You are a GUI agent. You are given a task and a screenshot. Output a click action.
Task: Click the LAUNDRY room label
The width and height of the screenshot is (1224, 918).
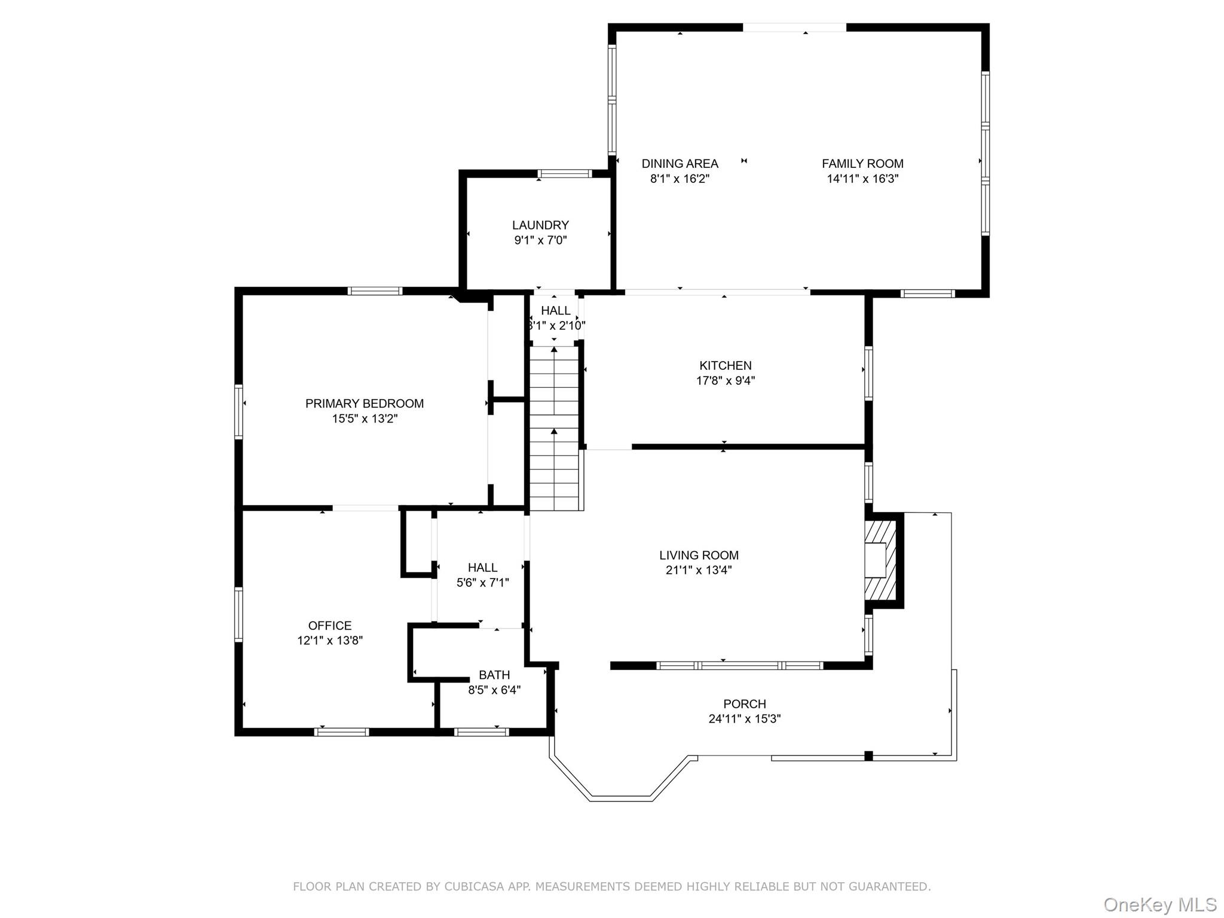pos(540,225)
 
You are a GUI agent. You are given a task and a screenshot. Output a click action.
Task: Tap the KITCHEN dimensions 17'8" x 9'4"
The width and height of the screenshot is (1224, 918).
pos(726,381)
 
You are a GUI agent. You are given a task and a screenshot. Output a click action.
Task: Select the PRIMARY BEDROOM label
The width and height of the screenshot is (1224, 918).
pos(364,403)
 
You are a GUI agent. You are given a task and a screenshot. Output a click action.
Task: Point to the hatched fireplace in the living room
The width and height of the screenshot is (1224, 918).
pos(881,560)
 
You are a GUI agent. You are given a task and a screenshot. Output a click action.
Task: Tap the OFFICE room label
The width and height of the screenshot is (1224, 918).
pos(329,626)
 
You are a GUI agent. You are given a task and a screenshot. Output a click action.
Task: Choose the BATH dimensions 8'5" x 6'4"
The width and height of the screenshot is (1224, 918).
pos(494,690)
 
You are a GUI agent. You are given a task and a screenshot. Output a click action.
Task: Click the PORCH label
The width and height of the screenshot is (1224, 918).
pos(744,704)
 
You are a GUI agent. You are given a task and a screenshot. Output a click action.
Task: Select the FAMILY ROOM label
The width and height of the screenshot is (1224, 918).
pos(862,164)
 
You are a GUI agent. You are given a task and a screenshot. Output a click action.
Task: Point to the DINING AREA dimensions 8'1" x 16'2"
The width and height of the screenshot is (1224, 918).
pos(680,179)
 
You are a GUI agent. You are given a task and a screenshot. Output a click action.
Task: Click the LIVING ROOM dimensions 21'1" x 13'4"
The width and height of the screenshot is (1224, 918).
pos(699,570)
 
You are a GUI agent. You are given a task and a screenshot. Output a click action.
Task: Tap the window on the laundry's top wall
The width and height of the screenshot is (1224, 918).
pos(564,174)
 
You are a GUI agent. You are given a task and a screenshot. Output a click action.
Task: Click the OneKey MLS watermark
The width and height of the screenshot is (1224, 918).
pos(1159,904)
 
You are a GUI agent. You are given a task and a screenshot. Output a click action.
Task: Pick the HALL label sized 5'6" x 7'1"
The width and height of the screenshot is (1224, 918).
pos(482,567)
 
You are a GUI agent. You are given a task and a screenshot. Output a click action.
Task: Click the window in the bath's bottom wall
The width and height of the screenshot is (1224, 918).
pos(481,732)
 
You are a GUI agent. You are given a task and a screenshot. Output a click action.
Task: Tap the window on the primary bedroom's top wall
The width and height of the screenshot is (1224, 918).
pos(375,291)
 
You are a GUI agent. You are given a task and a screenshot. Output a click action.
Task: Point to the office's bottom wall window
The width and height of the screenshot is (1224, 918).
pos(341,732)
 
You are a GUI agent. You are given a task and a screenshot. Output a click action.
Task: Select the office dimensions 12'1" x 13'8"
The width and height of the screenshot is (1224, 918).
pos(330,641)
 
